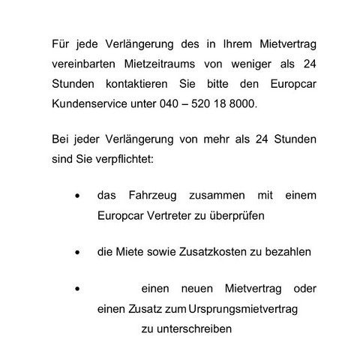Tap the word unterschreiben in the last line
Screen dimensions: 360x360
pyautogui.click(x=187, y=328)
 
